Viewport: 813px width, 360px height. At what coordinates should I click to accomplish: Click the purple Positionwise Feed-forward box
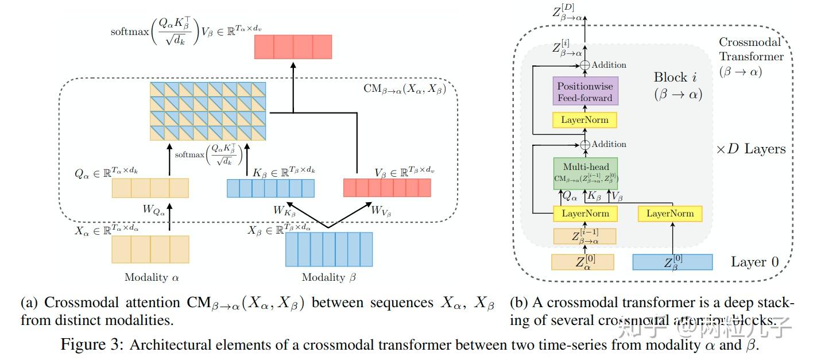(x=585, y=91)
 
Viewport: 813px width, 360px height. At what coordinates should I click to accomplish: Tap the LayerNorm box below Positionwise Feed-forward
(x=585, y=120)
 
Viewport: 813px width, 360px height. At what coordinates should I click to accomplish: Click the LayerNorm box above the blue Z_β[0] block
(x=669, y=214)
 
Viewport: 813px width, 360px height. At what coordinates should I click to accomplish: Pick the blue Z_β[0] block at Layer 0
(x=672, y=262)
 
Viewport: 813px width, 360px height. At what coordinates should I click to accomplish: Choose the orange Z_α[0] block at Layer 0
(x=582, y=262)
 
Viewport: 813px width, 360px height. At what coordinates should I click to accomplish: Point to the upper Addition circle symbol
(x=585, y=65)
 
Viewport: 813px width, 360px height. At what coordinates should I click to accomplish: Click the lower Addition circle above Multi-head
(x=585, y=145)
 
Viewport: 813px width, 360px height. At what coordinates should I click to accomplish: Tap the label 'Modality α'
(x=152, y=277)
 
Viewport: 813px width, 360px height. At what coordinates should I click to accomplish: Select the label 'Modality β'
(x=329, y=277)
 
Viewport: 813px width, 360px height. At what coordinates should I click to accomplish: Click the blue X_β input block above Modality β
(x=329, y=249)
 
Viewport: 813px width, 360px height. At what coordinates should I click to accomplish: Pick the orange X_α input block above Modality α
(x=150, y=249)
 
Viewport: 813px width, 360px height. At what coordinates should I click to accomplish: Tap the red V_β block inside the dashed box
(x=386, y=188)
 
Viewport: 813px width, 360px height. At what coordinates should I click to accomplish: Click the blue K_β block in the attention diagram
(x=270, y=188)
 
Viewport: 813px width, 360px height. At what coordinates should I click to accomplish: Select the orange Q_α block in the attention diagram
(x=150, y=188)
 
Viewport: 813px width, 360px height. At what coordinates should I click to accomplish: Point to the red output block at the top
(x=293, y=47)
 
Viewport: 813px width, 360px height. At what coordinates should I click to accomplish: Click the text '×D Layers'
(x=750, y=149)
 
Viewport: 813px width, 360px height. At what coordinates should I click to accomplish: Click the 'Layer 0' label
(x=754, y=262)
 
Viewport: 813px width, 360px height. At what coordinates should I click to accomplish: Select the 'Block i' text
(x=677, y=78)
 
